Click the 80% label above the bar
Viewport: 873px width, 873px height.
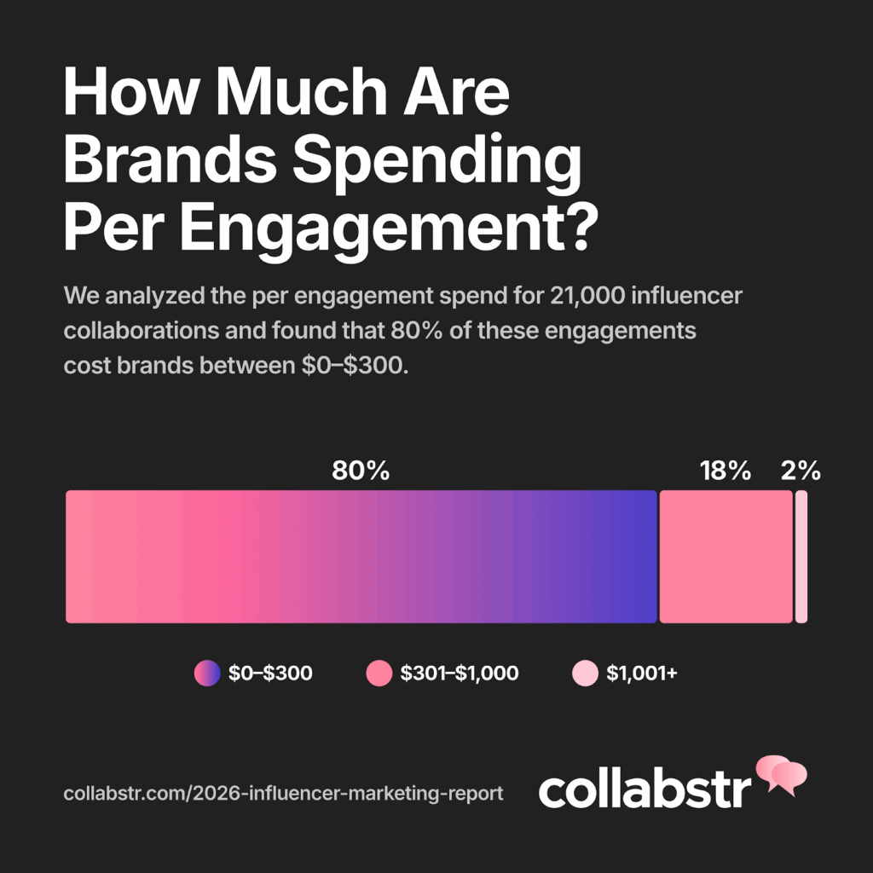pos(361,471)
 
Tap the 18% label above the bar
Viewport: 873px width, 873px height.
pos(726,471)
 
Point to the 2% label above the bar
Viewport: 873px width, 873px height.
pos(801,471)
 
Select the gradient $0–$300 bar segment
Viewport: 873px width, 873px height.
pos(361,557)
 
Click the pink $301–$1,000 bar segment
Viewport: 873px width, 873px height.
pos(726,557)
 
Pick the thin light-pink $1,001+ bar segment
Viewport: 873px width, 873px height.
pos(801,557)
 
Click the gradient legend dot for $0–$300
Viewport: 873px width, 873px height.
pos(207,674)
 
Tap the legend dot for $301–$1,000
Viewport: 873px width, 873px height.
pos(379,674)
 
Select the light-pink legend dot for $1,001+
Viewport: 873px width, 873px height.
pos(585,674)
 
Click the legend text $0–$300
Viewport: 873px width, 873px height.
pos(270,674)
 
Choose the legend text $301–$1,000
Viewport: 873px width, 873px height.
pos(459,674)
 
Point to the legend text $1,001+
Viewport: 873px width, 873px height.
pos(641,674)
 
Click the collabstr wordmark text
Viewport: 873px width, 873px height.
pos(645,789)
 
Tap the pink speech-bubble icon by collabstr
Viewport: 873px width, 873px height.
pos(781,774)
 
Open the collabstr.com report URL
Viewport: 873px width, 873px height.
pos(283,794)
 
